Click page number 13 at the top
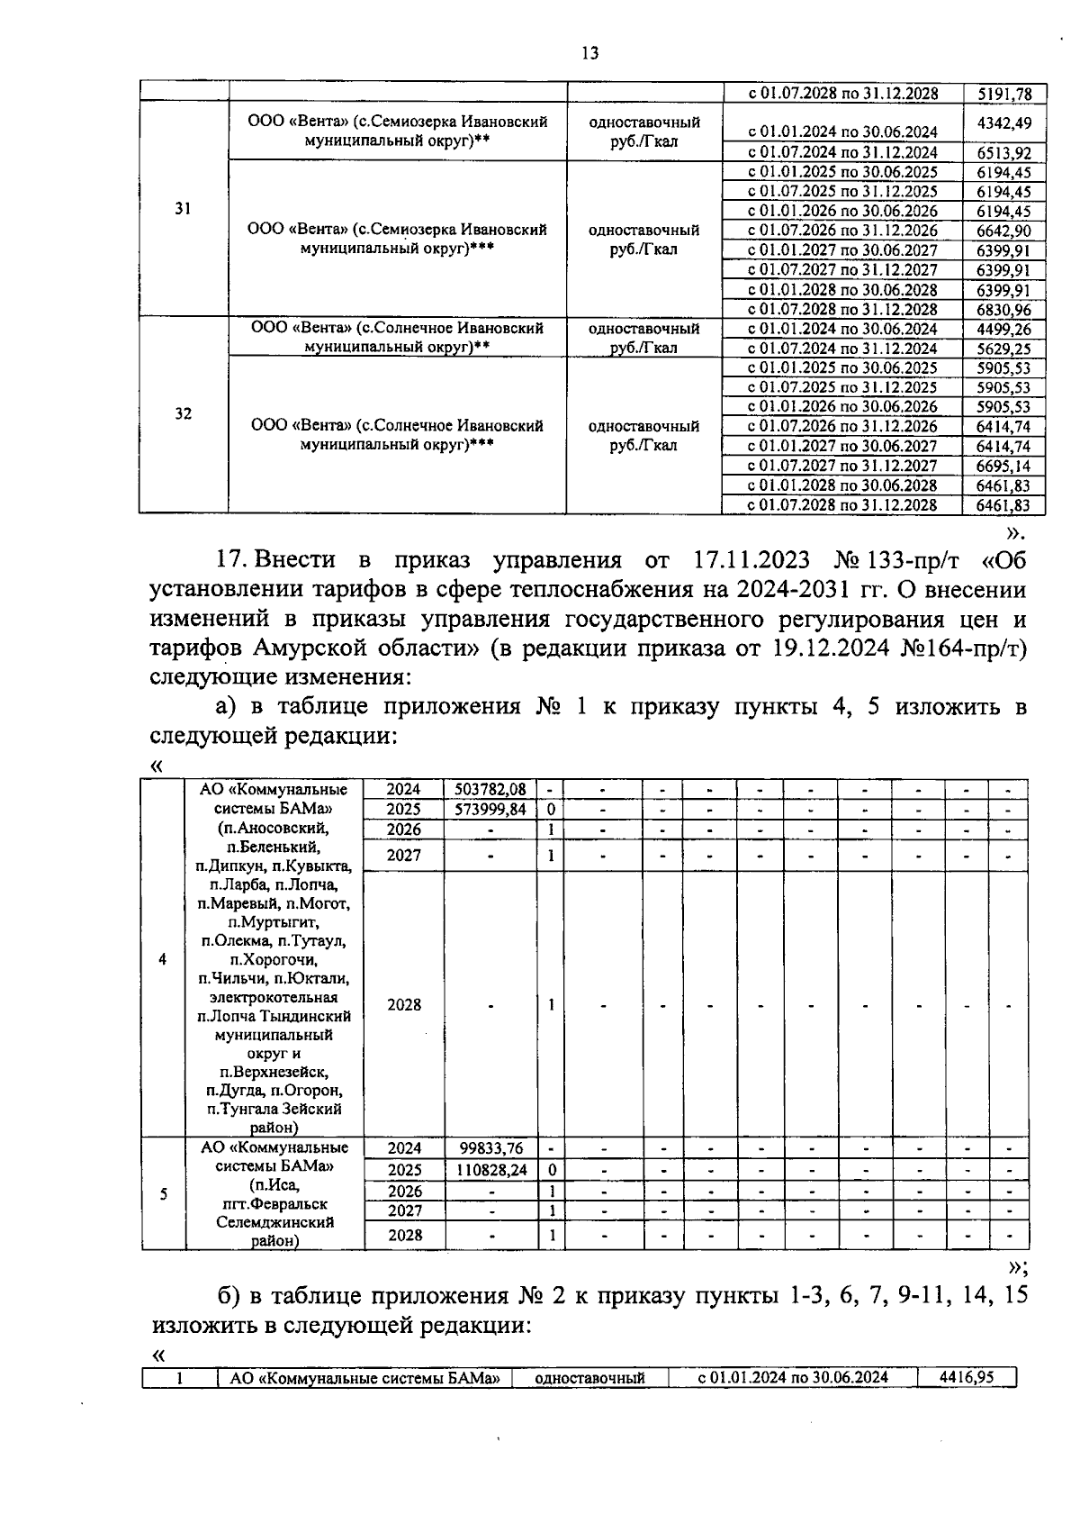590,53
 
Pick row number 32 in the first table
183,414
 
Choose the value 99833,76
490,1148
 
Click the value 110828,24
490,1169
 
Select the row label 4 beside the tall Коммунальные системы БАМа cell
162,960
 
